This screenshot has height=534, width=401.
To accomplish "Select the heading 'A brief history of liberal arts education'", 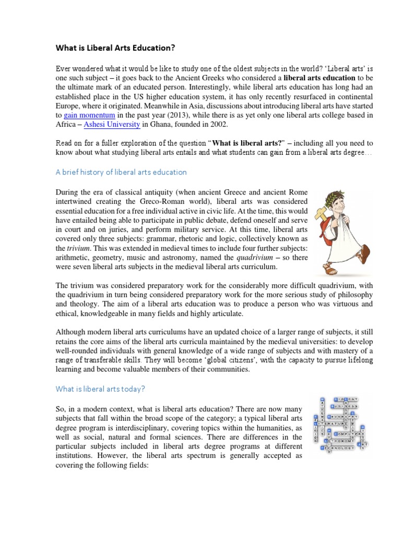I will point(121,172).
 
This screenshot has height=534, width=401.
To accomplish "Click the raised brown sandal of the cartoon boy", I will point(365,253).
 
